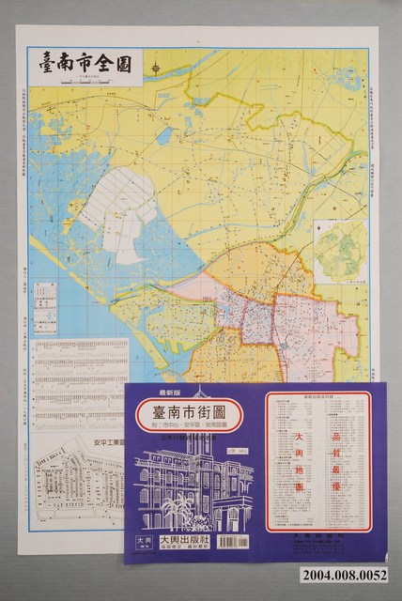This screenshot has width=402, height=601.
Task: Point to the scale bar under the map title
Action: (x=85, y=84)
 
